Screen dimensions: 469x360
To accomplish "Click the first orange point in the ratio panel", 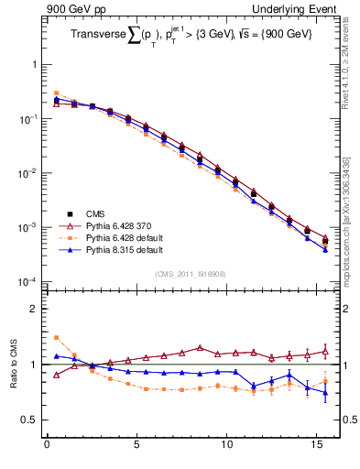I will coord(56,337).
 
